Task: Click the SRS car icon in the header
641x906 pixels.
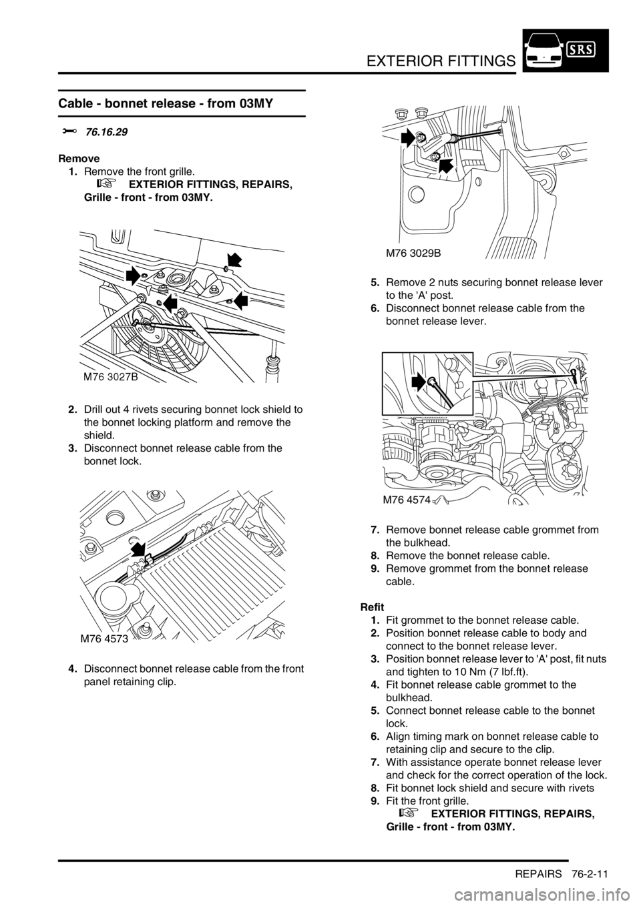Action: click(566, 51)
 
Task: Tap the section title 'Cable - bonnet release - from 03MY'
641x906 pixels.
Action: click(166, 103)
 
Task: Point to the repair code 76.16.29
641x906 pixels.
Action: click(106, 132)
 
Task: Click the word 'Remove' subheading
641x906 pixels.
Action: click(79, 158)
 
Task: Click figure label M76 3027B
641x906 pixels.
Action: click(111, 377)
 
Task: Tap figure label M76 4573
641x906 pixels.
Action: click(104, 639)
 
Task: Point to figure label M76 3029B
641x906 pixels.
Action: click(413, 254)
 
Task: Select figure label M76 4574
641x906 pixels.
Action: click(406, 501)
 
